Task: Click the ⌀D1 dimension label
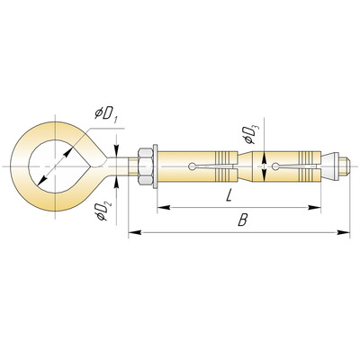tap(106, 114)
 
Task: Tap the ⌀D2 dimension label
tap(103, 211)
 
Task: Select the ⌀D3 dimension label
tap(251, 134)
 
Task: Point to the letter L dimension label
tap(229, 196)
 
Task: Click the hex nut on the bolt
tap(146, 166)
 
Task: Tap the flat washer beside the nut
tap(155, 166)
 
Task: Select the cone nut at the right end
tap(329, 166)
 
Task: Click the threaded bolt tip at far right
tap(344, 166)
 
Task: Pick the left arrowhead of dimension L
tap(164, 207)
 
